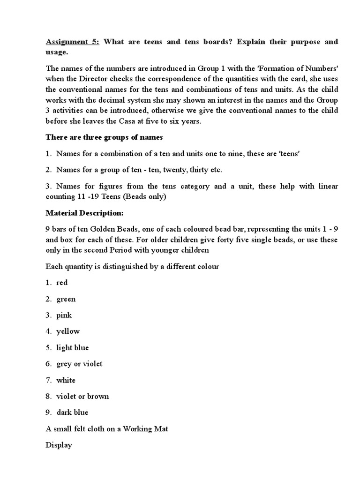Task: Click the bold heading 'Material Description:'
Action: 84,213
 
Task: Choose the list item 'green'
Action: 66,299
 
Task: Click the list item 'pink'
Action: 64,315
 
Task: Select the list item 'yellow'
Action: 68,331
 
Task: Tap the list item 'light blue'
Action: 73,348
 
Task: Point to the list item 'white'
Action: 66,380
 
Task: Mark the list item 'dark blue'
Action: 73,412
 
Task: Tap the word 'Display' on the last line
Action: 59,445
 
